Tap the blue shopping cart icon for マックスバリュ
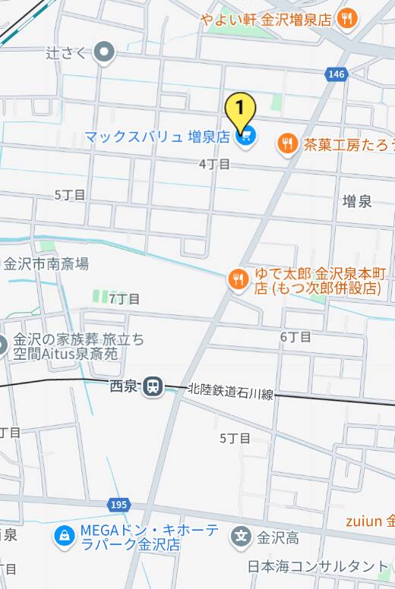click(245, 137)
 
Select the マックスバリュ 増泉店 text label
click(156, 137)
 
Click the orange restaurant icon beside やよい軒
click(346, 19)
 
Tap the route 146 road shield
click(337, 74)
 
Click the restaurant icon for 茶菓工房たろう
click(287, 143)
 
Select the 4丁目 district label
click(214, 164)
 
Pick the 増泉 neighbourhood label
click(357, 201)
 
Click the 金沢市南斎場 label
click(46, 264)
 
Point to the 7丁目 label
click(124, 298)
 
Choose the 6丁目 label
click(295, 336)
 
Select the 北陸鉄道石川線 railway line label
click(231, 392)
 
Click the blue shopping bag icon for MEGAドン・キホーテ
click(64, 536)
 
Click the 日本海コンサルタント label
click(318, 566)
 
